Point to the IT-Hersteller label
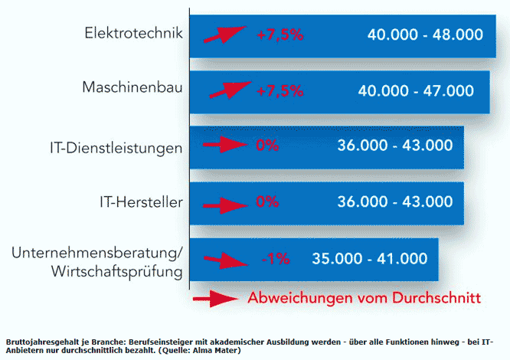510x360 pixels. point(140,202)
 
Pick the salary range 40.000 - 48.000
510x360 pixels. point(425,34)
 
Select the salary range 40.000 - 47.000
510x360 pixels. point(416,90)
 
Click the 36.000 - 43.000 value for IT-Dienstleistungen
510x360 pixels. point(395,146)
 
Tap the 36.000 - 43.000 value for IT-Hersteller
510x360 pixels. point(395,201)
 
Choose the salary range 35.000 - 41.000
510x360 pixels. point(369,258)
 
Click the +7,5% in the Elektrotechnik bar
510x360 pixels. point(280,34)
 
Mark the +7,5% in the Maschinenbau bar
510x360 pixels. point(280,90)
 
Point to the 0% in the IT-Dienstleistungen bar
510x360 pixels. point(267,146)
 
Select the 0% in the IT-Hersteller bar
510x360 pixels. point(266,201)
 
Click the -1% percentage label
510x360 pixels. point(275,258)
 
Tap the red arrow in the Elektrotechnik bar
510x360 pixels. point(225,35)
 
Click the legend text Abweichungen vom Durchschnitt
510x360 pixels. point(364,297)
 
